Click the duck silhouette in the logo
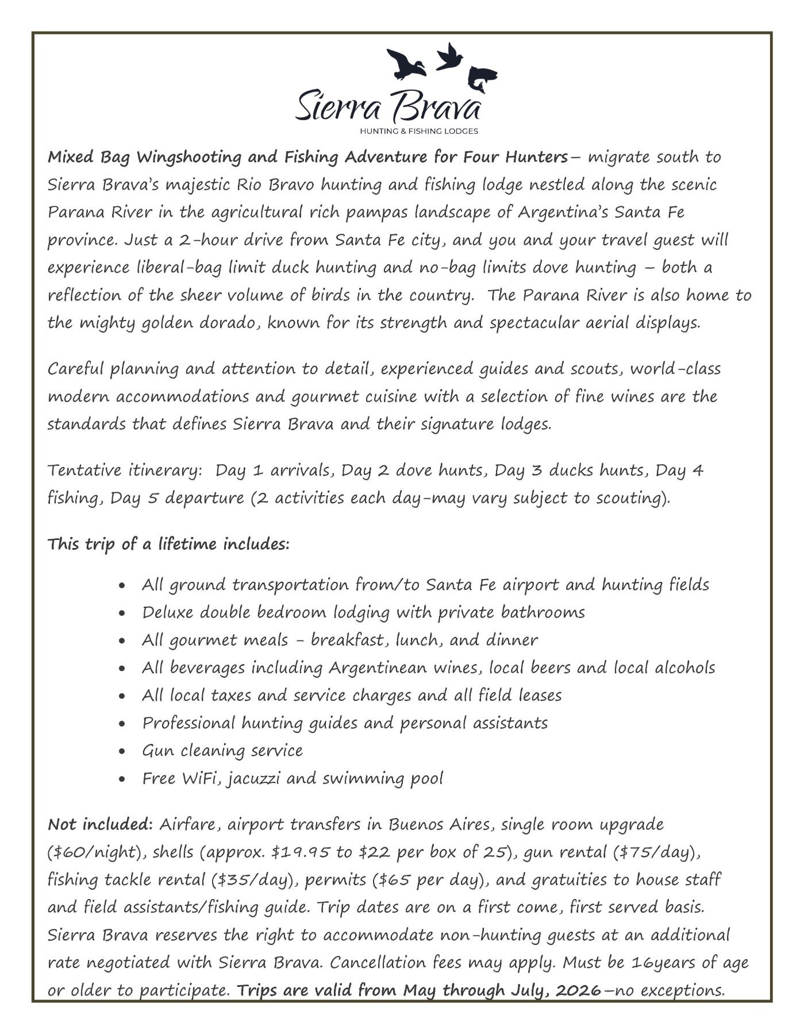(406, 63)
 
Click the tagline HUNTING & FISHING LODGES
(418, 131)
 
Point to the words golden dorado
(197, 323)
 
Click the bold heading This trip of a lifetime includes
(168, 544)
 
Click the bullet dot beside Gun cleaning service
(122, 751)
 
